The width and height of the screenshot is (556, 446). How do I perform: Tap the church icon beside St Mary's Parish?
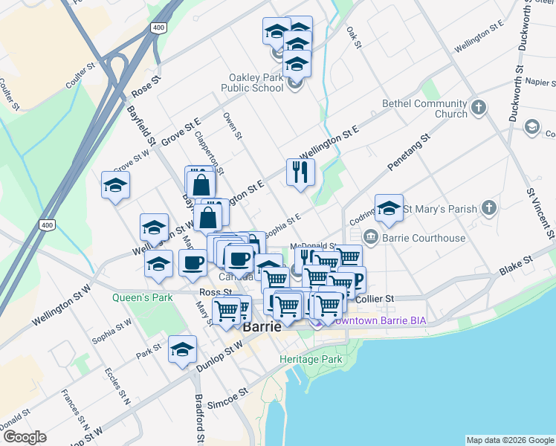click(488, 208)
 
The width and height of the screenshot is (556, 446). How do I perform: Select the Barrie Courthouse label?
click(424, 238)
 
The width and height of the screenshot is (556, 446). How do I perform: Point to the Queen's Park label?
click(142, 297)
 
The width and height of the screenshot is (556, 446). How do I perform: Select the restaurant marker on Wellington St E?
click(300, 172)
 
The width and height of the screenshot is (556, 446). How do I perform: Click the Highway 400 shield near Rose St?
click(158, 28)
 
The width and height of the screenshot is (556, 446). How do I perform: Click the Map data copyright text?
click(510, 440)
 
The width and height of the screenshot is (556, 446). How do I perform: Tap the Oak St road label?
click(353, 38)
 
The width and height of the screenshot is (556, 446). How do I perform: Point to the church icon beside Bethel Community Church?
click(479, 108)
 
